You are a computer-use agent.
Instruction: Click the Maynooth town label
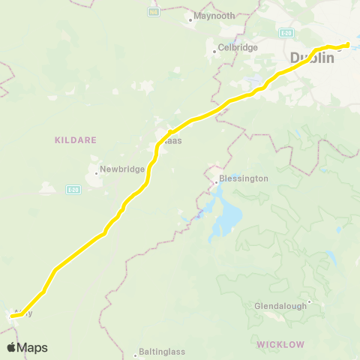click(x=214, y=15)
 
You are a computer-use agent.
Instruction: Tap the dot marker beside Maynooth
click(x=191, y=19)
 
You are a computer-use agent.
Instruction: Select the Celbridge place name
click(x=237, y=47)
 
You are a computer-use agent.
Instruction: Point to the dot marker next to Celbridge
click(x=214, y=51)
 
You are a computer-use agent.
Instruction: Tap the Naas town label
click(x=173, y=140)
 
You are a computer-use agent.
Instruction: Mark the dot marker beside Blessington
click(x=214, y=181)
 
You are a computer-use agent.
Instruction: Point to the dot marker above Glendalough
click(x=308, y=301)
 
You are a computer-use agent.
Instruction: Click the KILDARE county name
click(x=73, y=139)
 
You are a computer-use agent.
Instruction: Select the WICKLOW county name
click(x=279, y=344)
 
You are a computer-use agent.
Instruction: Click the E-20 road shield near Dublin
click(x=286, y=34)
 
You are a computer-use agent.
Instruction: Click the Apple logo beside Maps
click(x=11, y=347)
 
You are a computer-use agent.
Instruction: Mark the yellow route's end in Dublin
click(x=348, y=45)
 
